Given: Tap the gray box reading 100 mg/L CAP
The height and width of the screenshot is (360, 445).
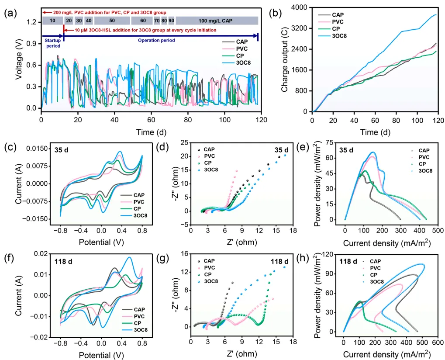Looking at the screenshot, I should click(217, 21).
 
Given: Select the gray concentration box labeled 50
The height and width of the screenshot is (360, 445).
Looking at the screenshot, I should click(112, 21).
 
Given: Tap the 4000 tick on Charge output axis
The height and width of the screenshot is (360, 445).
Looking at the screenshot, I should click(301, 7).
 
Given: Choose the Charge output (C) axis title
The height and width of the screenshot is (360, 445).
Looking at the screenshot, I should click(285, 59).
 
